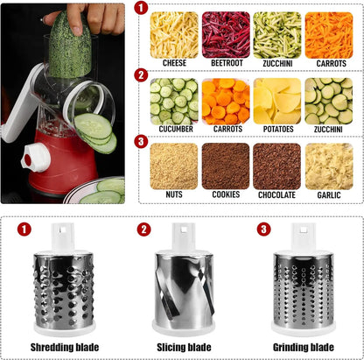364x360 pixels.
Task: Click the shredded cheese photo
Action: click(x=174, y=35)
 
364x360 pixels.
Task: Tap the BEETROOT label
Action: click(x=227, y=63)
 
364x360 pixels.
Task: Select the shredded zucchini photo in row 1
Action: click(x=277, y=35)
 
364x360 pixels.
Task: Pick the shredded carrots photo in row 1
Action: click(x=329, y=35)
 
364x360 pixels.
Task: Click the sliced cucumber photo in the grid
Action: click(x=174, y=102)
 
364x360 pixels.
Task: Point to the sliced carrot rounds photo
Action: click(x=226, y=102)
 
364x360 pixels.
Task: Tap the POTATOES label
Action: click(x=278, y=129)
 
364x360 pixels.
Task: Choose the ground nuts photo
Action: click(x=174, y=166)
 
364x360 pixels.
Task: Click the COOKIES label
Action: click(x=226, y=194)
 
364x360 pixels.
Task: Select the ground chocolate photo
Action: click(x=276, y=166)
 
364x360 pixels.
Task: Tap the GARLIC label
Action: click(x=329, y=194)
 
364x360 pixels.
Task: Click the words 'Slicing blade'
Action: click(x=184, y=348)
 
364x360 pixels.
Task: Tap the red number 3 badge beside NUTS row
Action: click(x=141, y=142)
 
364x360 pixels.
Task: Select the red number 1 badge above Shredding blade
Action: click(x=24, y=229)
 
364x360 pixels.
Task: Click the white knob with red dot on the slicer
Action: click(x=34, y=159)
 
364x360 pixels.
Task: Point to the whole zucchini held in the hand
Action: click(x=70, y=46)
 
